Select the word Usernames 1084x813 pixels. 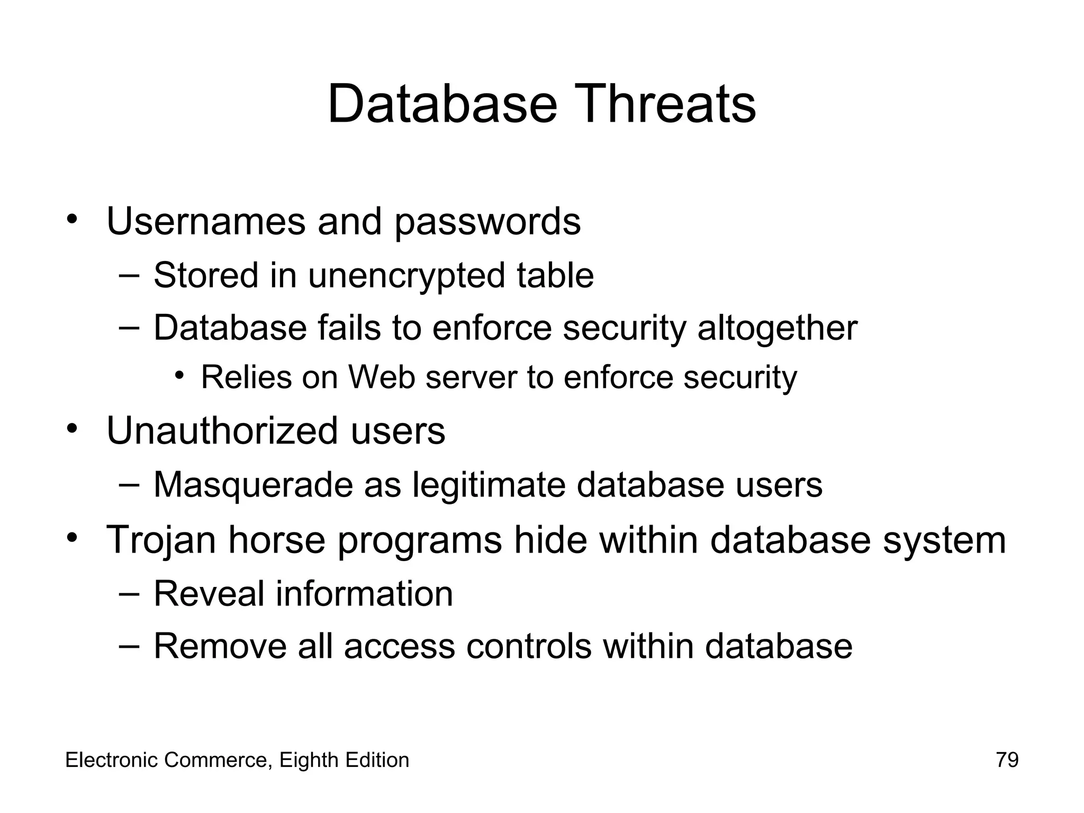pos(206,221)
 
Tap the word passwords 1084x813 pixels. pos(487,222)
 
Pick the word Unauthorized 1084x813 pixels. pos(222,431)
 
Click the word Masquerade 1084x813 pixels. pos(253,485)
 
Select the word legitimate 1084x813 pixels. pos(489,485)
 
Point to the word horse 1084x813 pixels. pos(276,540)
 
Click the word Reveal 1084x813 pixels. pos(209,594)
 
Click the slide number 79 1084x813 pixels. pos(1007,760)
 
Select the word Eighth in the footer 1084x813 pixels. pos(309,761)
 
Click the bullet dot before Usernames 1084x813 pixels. pos(73,218)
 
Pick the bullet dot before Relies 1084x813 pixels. pos(179,375)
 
